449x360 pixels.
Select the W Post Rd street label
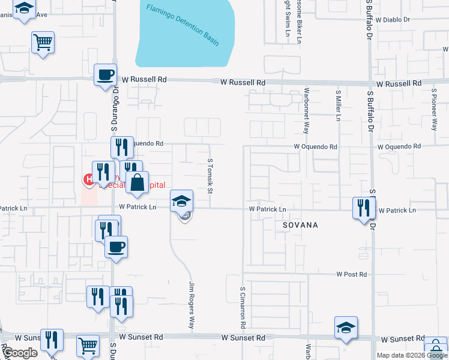pos(351,274)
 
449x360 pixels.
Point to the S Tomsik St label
pos(210,176)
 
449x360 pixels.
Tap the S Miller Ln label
pos(338,106)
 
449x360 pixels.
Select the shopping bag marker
pos(137,183)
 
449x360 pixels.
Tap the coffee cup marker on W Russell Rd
pos(106,76)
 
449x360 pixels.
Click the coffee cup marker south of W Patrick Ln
pos(116,247)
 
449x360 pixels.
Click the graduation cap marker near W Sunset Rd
pos(346,328)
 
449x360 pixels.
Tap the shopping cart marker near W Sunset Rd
pos(88,346)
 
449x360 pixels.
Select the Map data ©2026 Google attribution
pos(412,355)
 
